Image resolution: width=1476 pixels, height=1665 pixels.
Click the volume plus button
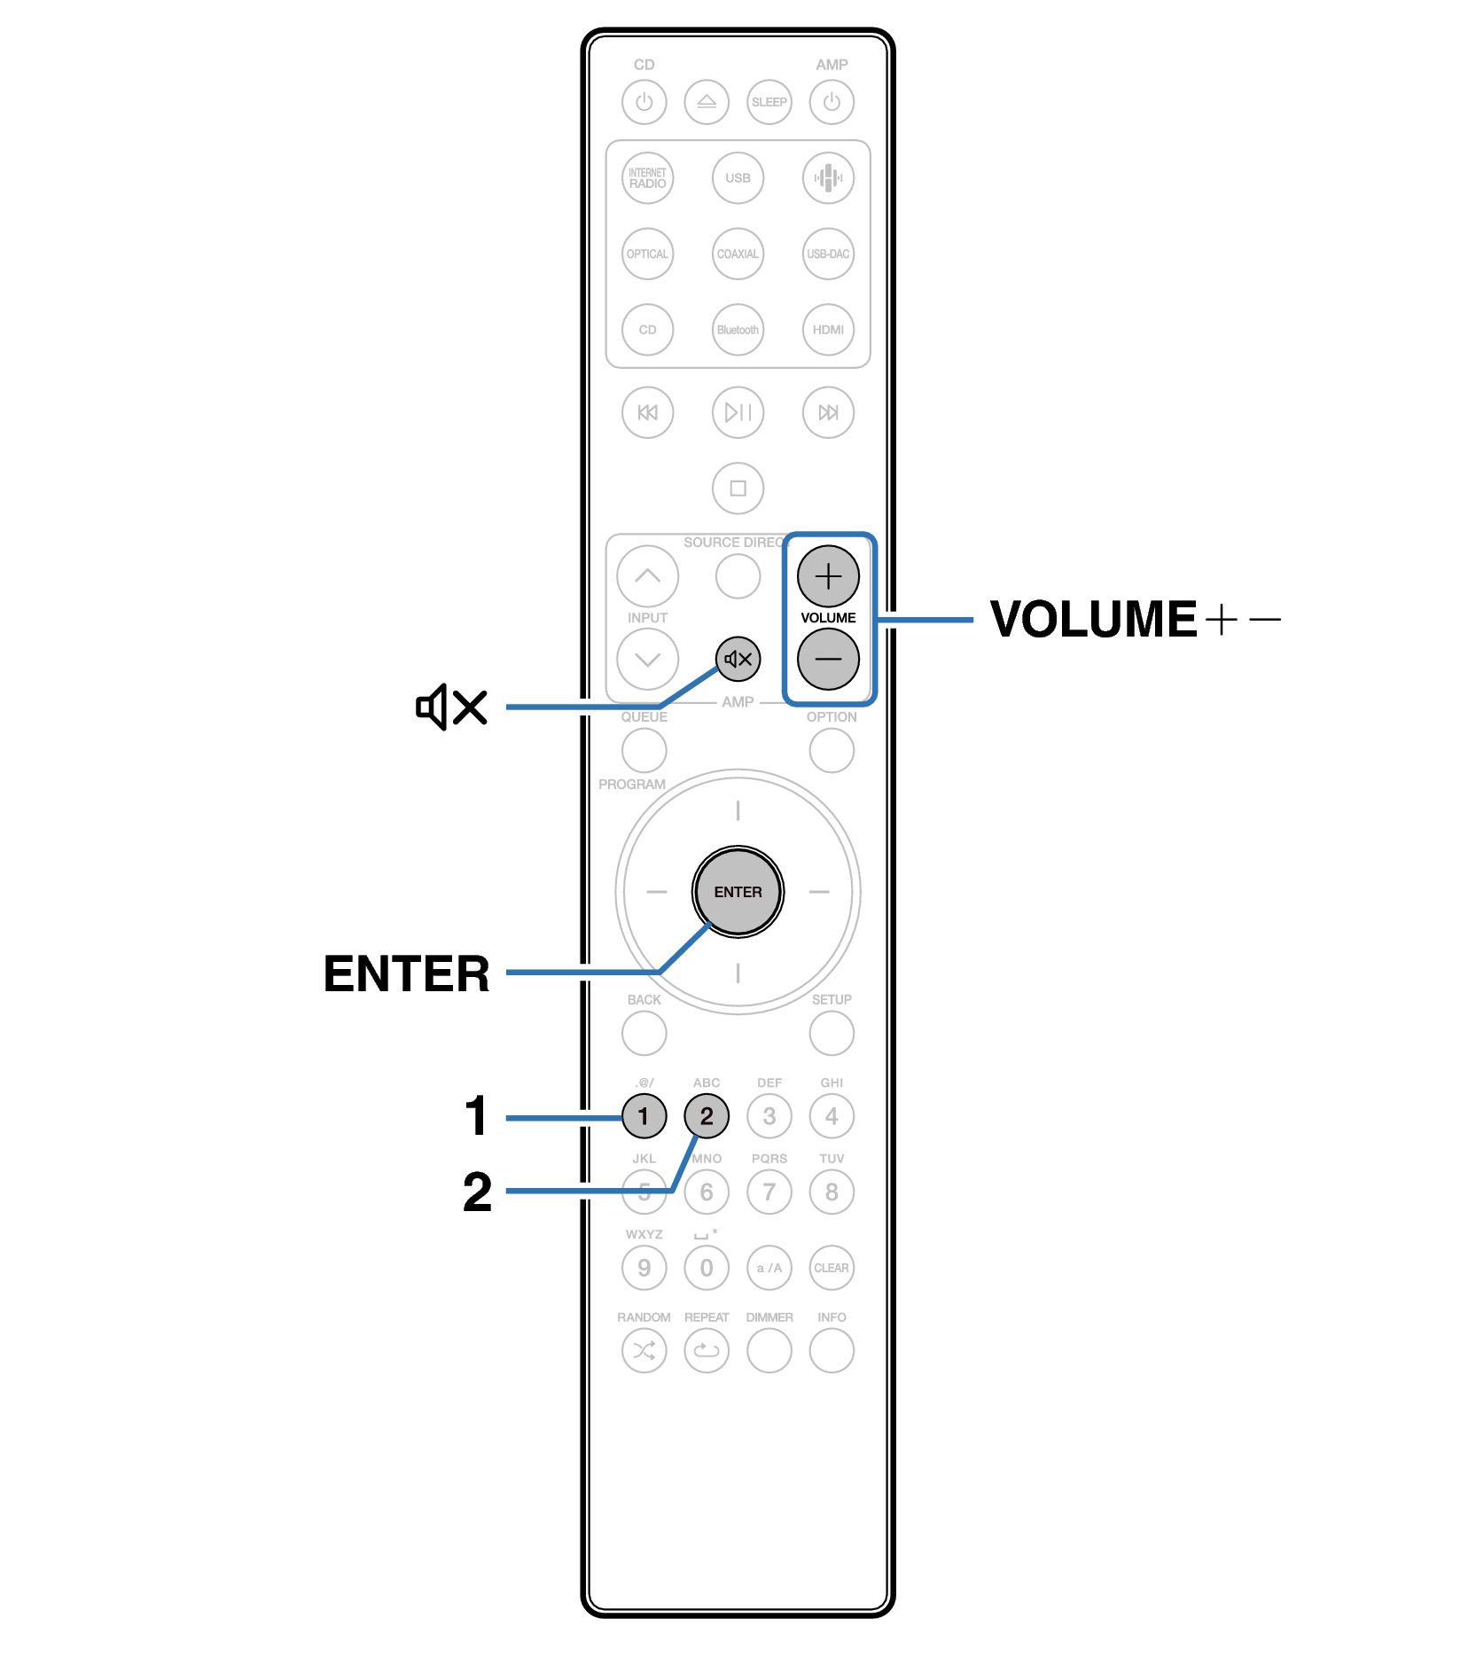click(827, 576)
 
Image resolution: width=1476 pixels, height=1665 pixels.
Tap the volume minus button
click(827, 659)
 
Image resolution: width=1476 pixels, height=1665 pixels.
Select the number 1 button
click(644, 1116)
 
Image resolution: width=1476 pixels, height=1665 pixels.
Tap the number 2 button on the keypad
click(707, 1116)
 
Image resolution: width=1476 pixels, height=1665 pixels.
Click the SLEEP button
click(769, 102)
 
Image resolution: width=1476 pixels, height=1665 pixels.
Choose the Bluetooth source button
click(738, 330)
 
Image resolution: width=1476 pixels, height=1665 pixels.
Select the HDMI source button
click(828, 330)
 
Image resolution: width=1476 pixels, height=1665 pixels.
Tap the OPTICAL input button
click(647, 254)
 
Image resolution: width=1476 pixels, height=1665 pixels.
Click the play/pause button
click(738, 412)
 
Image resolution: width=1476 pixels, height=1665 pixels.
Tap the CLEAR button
click(832, 1268)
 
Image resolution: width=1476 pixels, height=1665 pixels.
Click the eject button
click(707, 102)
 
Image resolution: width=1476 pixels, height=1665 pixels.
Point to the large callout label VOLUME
click(1093, 619)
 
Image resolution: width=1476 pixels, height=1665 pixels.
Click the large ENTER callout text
click(406, 973)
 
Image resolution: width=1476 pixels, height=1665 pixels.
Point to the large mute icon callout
click(452, 707)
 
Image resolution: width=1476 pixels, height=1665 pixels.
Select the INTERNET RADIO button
click(647, 178)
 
